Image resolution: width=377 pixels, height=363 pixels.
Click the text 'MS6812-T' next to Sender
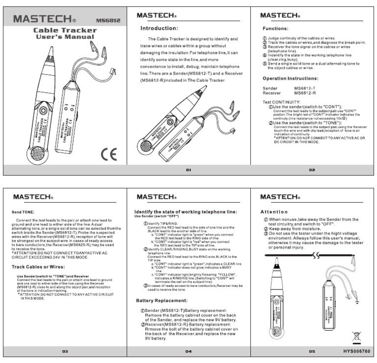click(x=319, y=88)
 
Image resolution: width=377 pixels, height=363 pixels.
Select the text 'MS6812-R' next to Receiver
click(x=319, y=93)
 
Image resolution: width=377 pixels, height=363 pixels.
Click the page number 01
click(x=188, y=170)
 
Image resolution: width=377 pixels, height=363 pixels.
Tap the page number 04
click(x=188, y=352)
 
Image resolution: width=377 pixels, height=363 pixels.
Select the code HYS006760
click(x=356, y=352)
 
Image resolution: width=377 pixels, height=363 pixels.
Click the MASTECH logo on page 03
click(x=33, y=197)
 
